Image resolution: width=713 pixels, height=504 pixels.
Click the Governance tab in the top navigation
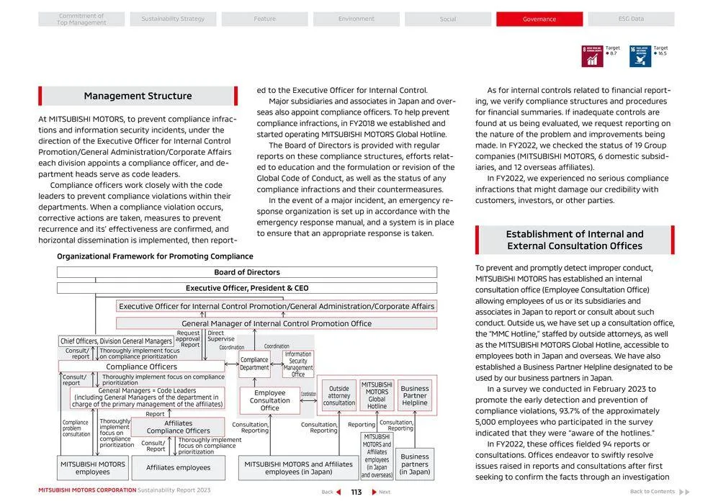539,19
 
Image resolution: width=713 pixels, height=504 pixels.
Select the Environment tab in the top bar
356,19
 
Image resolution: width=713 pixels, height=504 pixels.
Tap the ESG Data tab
631,19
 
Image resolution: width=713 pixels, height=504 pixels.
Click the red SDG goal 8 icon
592,56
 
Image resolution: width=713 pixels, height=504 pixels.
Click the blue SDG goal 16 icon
640,56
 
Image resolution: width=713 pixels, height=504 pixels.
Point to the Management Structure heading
138,96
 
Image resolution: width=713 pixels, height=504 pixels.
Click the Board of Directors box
246,273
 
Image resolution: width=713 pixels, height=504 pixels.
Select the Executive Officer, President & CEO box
246,288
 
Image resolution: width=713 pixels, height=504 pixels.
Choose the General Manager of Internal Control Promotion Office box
277,324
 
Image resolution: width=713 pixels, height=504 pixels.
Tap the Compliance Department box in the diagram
254,364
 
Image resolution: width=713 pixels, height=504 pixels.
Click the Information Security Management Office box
298,364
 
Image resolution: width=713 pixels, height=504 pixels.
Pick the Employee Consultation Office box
269,401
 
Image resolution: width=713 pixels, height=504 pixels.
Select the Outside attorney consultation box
338,396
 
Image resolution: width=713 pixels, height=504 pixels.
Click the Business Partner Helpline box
415,396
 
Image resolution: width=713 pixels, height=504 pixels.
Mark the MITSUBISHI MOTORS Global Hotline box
377,396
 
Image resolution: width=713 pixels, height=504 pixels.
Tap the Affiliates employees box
178,468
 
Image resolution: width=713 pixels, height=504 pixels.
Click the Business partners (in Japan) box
415,464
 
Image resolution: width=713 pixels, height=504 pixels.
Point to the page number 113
356,492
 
